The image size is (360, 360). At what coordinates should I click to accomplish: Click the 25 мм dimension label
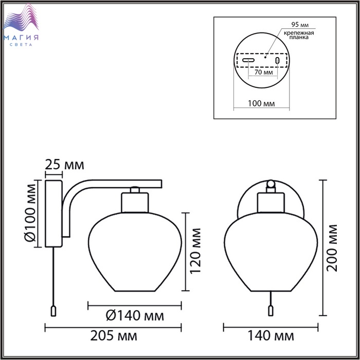point(64,165)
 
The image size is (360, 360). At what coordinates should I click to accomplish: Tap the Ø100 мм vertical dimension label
point(30,213)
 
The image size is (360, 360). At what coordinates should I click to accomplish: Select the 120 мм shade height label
point(195,251)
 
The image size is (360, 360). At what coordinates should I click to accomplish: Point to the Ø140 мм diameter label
point(135,315)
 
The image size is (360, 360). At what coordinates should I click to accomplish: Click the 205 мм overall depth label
point(114,336)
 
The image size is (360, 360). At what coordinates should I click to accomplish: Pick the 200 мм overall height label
point(332,248)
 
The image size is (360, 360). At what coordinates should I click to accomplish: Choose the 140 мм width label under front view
point(271,336)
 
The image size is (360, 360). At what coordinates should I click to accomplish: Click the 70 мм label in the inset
point(263,72)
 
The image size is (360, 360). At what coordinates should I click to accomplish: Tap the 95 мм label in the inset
point(300,25)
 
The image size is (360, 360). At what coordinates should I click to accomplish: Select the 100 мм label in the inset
point(261,103)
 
